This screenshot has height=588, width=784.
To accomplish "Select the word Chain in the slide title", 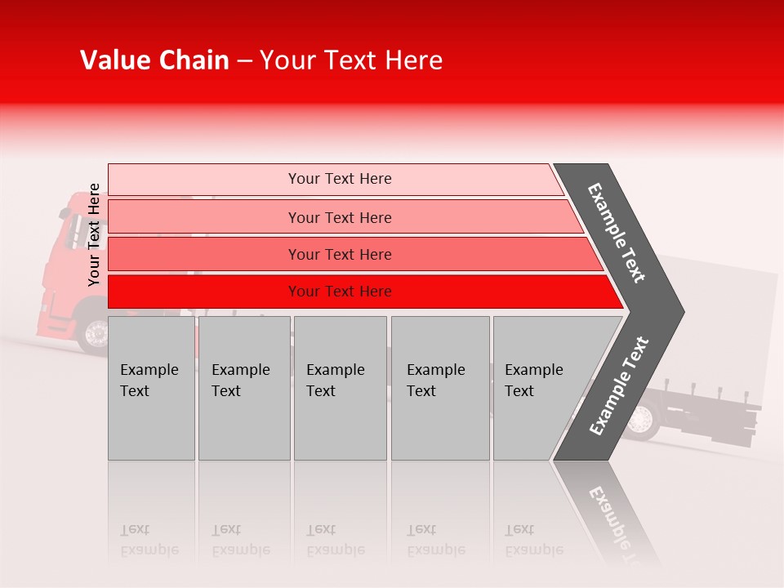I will click(x=193, y=60).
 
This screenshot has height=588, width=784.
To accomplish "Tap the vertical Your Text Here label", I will click(x=94, y=234).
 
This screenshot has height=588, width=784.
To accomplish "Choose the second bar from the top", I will click(x=339, y=217).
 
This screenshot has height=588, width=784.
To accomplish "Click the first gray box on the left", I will click(x=151, y=388).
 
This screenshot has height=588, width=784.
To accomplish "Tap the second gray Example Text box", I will click(x=243, y=388).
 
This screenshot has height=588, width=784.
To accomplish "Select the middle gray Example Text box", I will click(x=340, y=388).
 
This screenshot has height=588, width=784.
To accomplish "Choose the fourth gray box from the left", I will click(x=439, y=388).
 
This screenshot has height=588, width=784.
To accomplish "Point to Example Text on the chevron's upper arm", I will click(x=617, y=233).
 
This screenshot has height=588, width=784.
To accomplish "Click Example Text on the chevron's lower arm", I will click(x=619, y=385).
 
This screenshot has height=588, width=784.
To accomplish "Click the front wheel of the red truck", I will click(x=96, y=334).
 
